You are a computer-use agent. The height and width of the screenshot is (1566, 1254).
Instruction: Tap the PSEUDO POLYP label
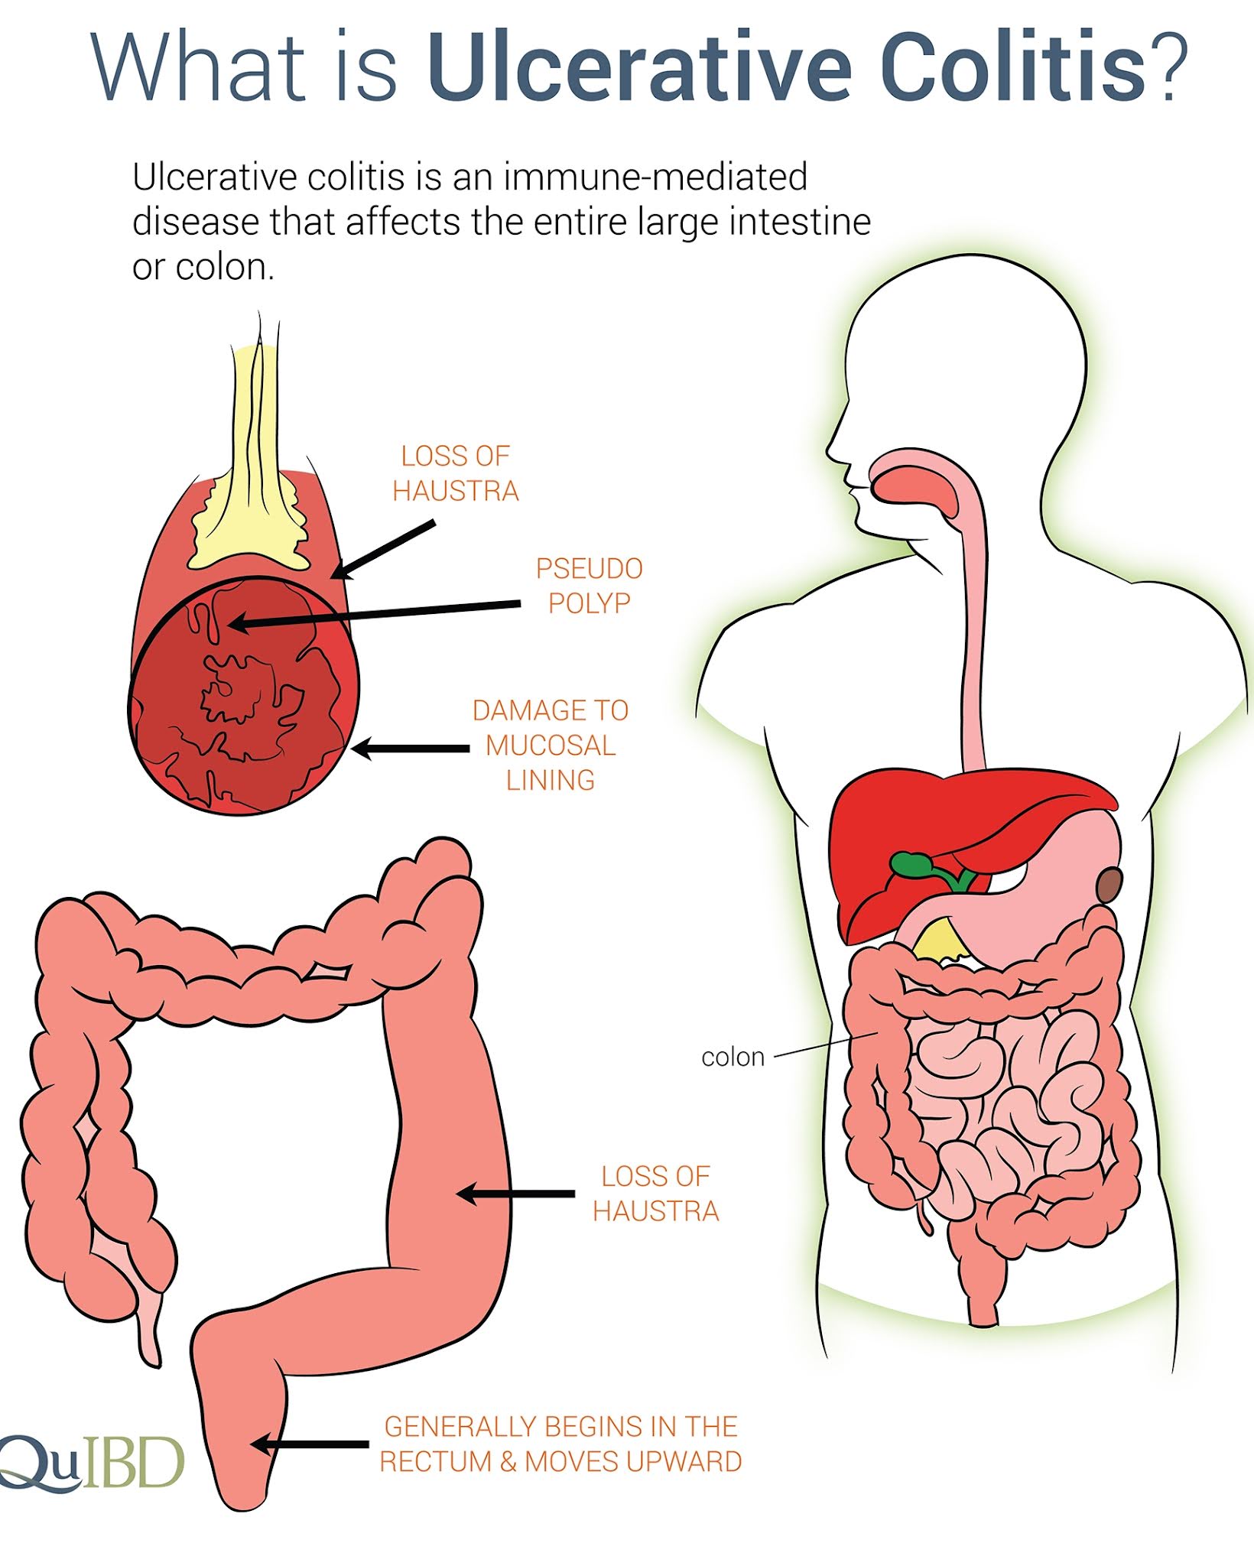coord(589,586)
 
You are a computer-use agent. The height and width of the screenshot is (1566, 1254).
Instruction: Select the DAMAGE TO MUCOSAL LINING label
coord(551,745)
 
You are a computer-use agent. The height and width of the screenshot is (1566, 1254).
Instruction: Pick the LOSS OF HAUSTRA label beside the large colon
coord(655,1194)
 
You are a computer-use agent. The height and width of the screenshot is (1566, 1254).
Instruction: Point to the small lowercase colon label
coord(733,1057)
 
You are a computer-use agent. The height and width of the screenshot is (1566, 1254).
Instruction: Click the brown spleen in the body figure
coord(1109,885)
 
